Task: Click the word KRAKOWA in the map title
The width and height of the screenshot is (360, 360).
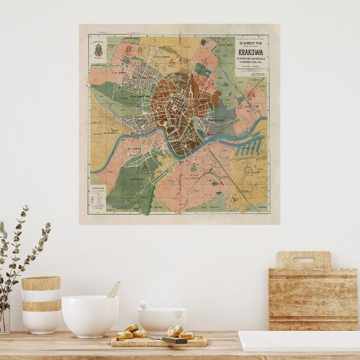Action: click(x=251, y=50)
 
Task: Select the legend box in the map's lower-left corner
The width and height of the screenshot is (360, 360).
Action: click(x=98, y=197)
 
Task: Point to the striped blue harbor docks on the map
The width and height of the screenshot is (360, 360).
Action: click(x=253, y=145)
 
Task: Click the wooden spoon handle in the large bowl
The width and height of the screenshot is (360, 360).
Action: click(x=114, y=289)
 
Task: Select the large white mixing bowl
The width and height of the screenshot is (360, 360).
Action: click(x=90, y=315)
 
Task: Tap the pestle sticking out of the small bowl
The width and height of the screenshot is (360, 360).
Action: click(x=145, y=306)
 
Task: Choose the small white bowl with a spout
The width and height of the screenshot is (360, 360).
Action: click(x=162, y=321)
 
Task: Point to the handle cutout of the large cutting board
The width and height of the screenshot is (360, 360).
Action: click(x=303, y=260)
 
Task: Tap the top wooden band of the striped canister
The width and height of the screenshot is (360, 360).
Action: click(x=41, y=283)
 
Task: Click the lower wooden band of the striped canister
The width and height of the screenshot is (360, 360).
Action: click(x=41, y=306)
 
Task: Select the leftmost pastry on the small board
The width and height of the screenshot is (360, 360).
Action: click(x=124, y=334)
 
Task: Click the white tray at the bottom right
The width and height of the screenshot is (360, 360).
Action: click(x=299, y=341)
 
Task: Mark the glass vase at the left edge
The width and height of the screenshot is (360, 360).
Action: click(x=4, y=319)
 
